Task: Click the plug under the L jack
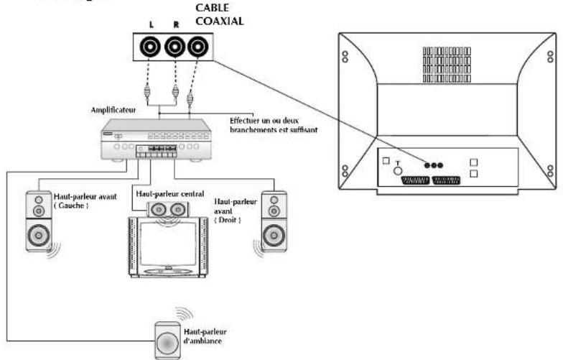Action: pos(146,93)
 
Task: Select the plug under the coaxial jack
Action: pos(190,93)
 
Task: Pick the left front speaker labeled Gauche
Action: pos(39,220)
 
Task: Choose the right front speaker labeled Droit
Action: pos(274,220)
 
